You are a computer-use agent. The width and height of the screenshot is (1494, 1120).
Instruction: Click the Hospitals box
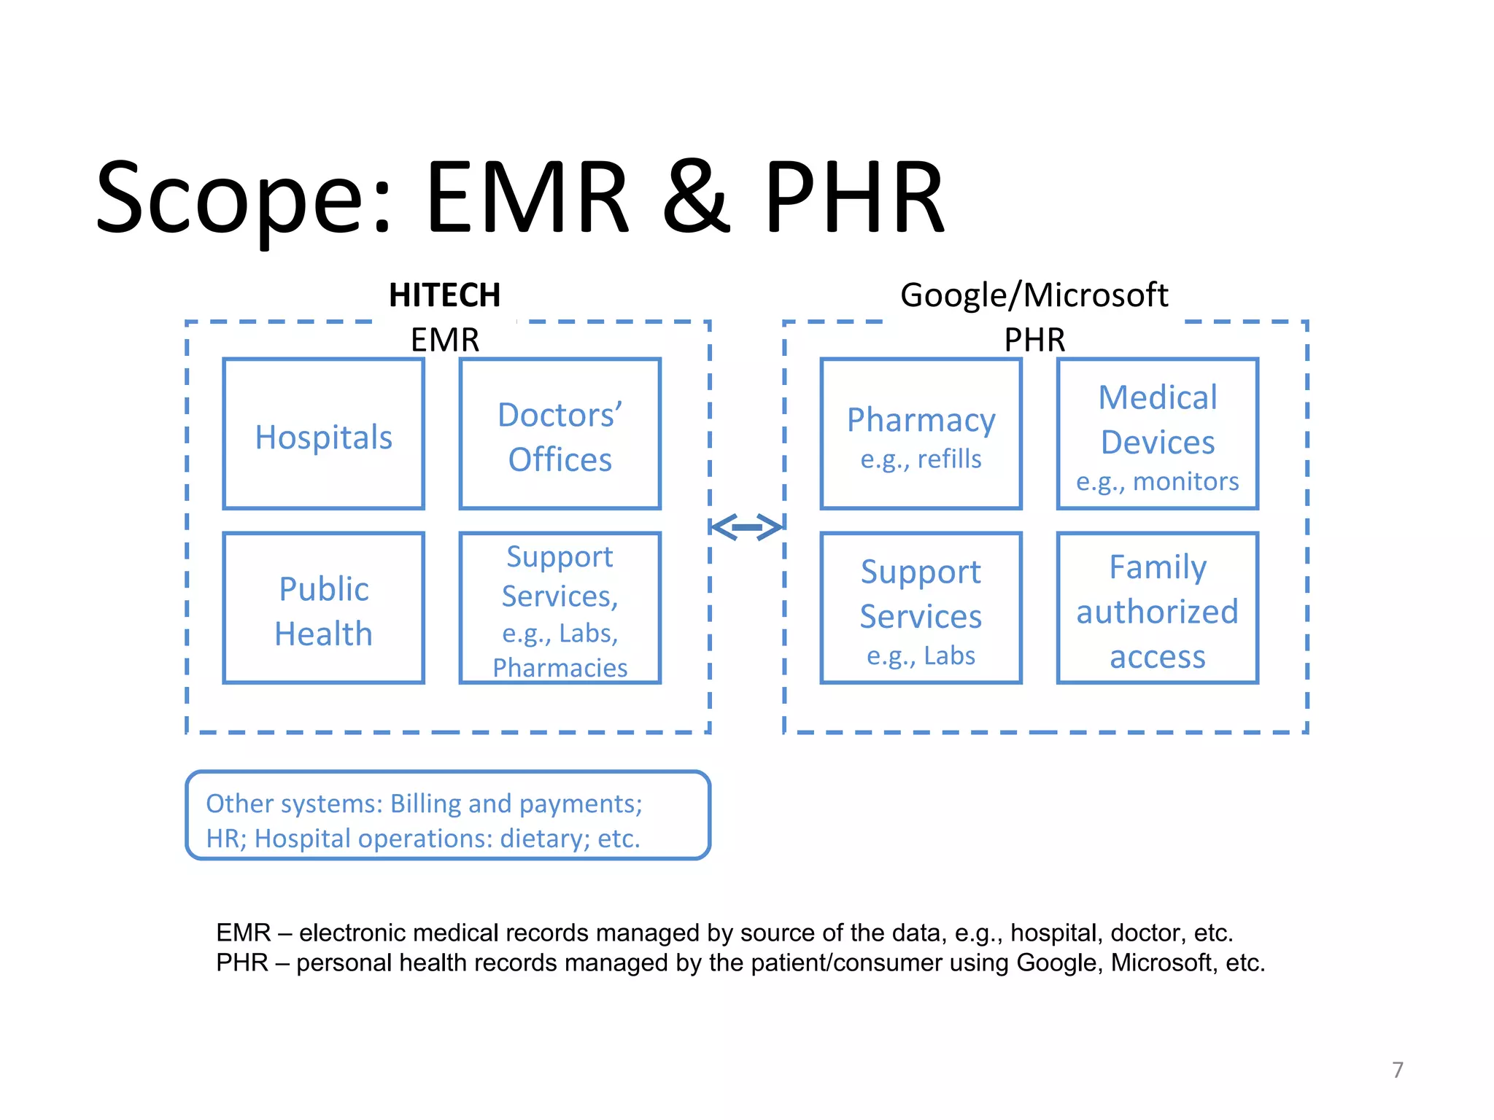(323, 435)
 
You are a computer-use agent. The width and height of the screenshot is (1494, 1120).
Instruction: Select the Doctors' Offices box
(560, 435)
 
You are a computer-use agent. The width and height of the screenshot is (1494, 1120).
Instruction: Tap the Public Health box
(323, 609)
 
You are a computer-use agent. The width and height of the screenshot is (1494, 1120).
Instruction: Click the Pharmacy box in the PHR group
(921, 435)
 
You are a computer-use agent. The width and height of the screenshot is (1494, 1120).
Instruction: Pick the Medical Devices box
(1157, 435)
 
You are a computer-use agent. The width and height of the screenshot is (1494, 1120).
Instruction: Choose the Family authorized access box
(1157, 609)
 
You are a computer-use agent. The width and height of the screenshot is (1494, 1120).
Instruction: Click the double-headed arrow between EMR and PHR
(746, 526)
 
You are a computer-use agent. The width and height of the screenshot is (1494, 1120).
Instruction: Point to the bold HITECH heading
(444, 296)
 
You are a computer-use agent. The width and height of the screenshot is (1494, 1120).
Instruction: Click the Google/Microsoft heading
(1034, 296)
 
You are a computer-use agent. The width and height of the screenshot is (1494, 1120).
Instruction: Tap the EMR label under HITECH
(444, 340)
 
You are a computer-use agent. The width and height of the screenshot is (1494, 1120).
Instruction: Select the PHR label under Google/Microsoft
(1034, 340)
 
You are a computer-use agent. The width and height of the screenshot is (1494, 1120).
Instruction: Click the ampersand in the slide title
(695, 198)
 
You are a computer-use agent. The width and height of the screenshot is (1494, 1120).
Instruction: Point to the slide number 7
(1397, 1070)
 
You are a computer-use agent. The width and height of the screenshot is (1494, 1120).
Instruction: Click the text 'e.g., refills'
(921, 459)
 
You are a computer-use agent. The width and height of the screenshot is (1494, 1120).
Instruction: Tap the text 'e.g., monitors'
(1157, 482)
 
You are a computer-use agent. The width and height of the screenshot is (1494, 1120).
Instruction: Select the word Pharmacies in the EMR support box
(560, 668)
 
